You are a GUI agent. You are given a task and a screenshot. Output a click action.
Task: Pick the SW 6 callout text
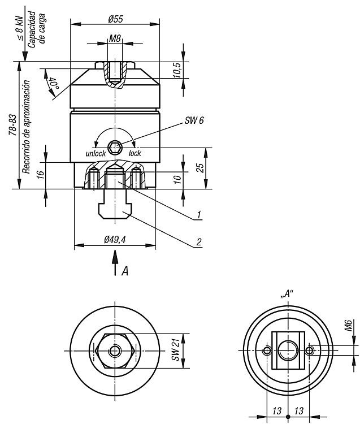pos(194,122)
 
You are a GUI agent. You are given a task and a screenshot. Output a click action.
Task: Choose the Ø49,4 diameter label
pos(115,240)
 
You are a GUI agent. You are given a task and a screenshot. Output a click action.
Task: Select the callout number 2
pos(199,242)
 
